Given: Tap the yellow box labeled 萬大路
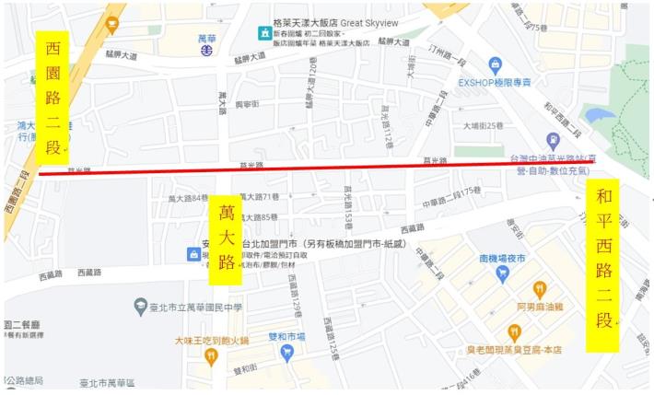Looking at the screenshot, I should coord(226,234).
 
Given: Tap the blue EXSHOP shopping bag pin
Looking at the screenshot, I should coord(496,64).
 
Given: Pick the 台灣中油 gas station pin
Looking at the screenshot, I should coord(553,141).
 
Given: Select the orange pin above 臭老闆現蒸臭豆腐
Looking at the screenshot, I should coord(514,332).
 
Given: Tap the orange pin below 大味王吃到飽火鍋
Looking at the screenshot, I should coord(212,355).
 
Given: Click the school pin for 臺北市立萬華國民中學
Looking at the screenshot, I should coord(139,306).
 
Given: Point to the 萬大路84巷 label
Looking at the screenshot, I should coord(187,199).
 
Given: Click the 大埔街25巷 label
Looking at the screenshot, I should coord(484,125).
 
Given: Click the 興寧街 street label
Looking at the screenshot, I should coord(246,106).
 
